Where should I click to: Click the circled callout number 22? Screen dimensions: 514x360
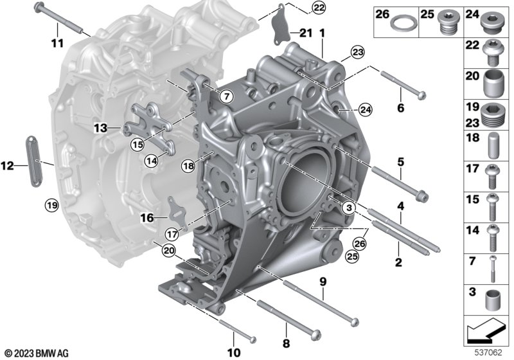click(x=318, y=8)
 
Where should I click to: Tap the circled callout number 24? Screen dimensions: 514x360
click(x=365, y=110)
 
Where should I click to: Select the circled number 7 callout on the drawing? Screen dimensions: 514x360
click(x=227, y=96)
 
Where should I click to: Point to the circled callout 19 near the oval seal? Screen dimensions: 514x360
click(x=52, y=206)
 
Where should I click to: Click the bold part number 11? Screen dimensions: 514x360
click(x=57, y=43)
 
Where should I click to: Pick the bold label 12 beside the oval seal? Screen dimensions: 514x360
click(x=7, y=166)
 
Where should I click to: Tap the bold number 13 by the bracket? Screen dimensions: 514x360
click(x=100, y=128)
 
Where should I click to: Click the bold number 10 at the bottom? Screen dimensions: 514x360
click(x=234, y=353)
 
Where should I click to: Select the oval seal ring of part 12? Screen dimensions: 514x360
click(x=34, y=161)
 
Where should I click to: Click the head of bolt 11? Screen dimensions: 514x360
click(x=39, y=6)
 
